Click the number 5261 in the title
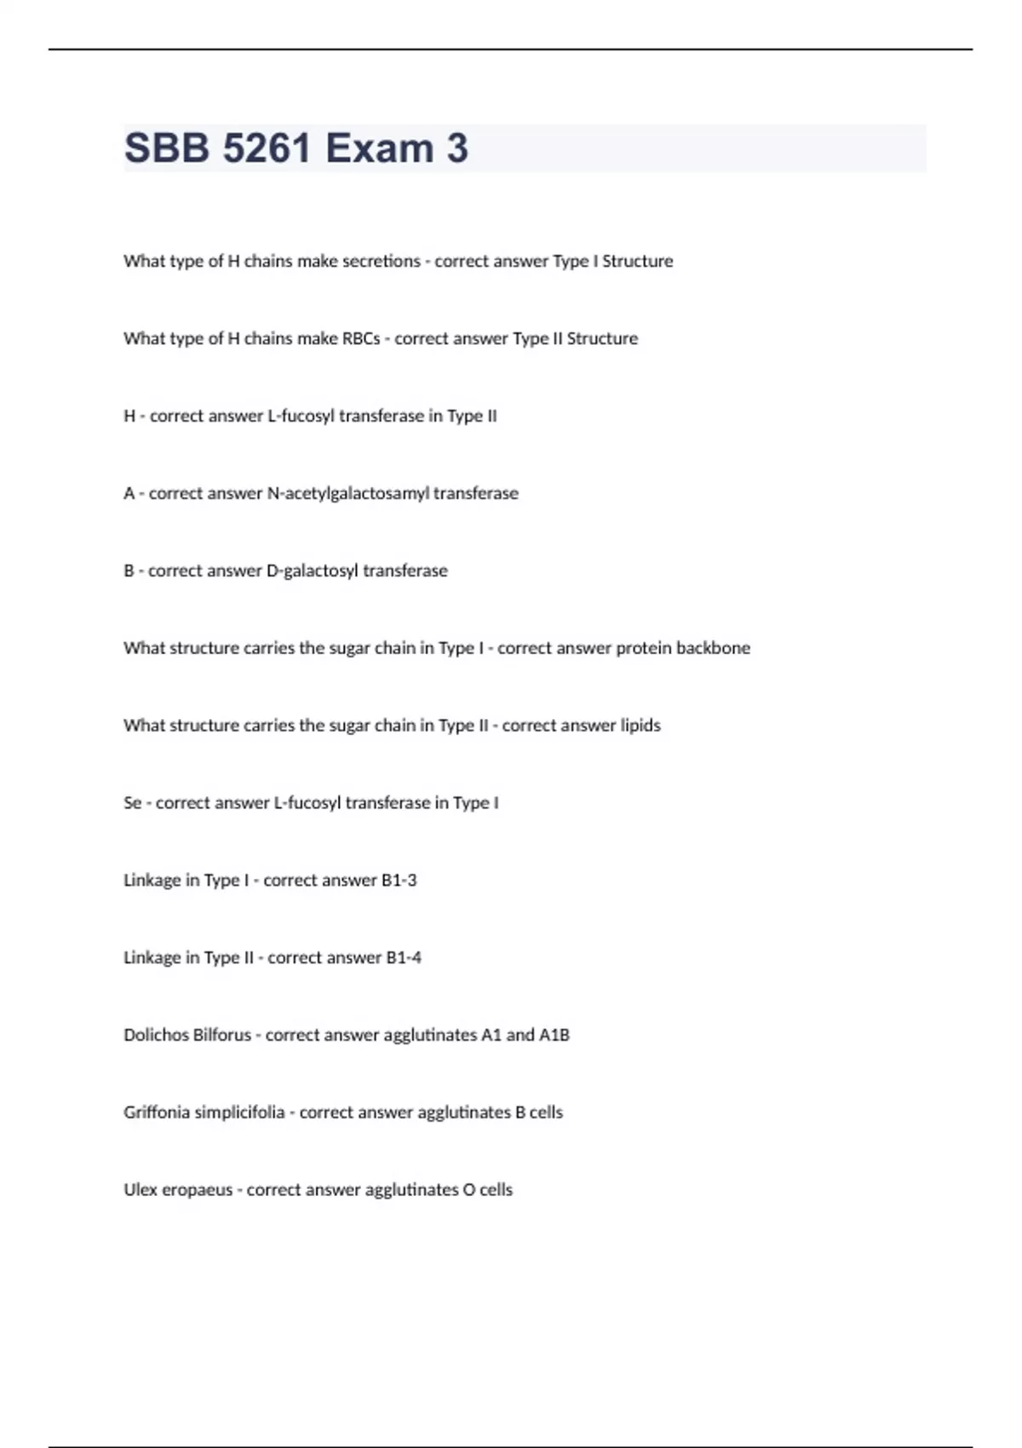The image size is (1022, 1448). tap(267, 148)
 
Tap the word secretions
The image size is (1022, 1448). tap(381, 261)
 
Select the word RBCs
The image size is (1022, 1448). tap(361, 338)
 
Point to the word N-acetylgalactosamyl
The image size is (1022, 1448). tap(348, 493)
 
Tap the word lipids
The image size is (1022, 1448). tap(640, 726)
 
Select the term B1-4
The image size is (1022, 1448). tap(404, 957)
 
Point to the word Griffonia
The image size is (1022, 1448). tap(157, 1112)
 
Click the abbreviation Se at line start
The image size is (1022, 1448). tap(133, 802)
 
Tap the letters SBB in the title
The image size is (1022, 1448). tap(167, 148)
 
